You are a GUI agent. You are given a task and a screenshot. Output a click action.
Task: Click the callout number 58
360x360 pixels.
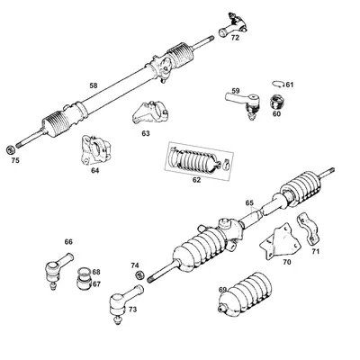point(93,85)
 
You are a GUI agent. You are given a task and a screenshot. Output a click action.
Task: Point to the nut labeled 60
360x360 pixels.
point(276,101)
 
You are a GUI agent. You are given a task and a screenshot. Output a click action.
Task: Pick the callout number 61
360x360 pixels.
point(289,84)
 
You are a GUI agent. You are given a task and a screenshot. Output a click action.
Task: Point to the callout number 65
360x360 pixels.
point(250,204)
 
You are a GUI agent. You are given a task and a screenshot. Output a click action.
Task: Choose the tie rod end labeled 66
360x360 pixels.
point(55,268)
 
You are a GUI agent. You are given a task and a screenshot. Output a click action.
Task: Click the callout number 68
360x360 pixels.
point(96,271)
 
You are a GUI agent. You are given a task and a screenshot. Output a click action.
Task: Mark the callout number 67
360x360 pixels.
point(96,283)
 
